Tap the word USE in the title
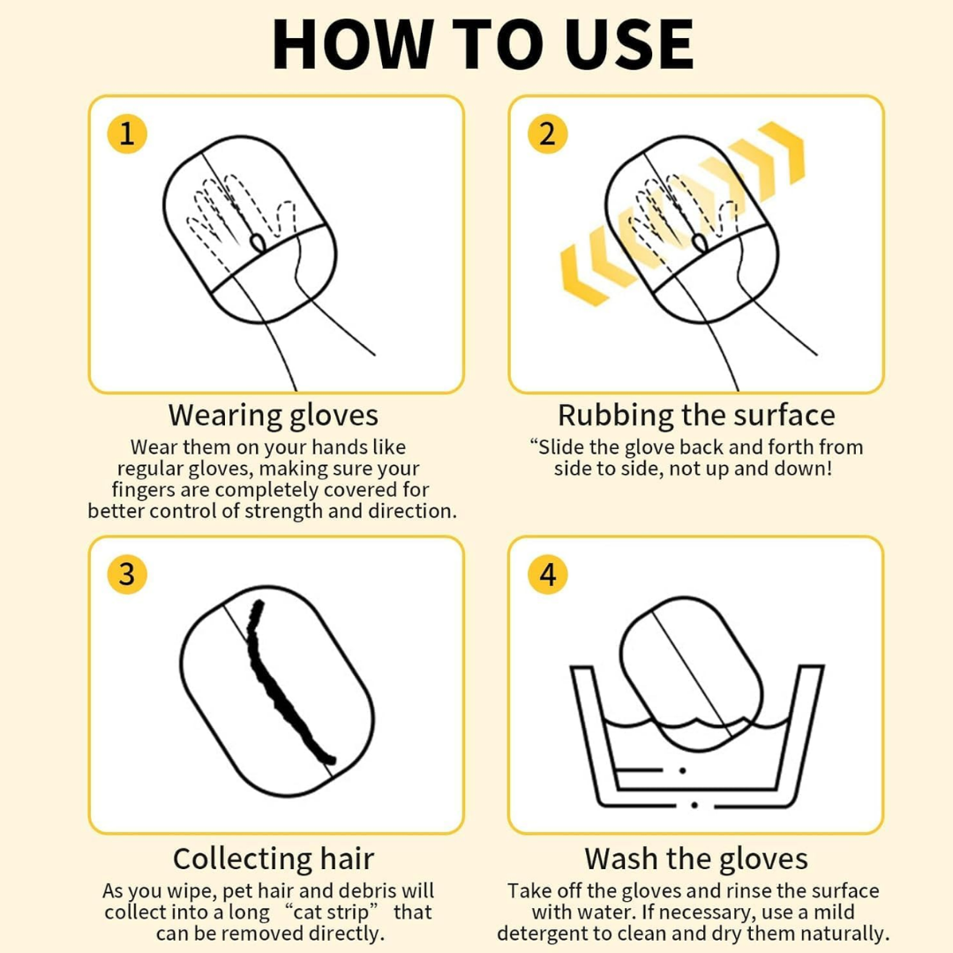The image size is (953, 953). [630, 45]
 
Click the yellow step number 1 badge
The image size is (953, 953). [127, 134]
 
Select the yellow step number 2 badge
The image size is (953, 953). [547, 134]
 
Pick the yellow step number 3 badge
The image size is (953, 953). [127, 574]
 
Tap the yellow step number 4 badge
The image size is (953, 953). [547, 574]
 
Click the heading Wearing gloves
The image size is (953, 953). [274, 416]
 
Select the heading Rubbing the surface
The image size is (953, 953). [696, 415]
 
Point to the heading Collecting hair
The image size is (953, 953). [274, 859]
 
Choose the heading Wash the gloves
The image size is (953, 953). [696, 859]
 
